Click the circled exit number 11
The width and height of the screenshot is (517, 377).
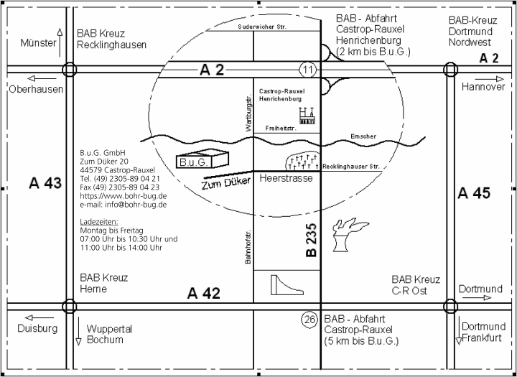click(x=308, y=70)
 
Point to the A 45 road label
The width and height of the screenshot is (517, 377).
click(x=473, y=192)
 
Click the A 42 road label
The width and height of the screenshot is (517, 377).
click(x=204, y=293)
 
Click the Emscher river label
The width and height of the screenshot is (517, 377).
click(x=363, y=136)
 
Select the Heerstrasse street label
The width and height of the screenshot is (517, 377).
click(x=286, y=177)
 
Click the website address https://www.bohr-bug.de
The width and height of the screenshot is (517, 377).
click(x=124, y=196)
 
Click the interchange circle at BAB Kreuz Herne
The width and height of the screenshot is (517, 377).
click(x=70, y=307)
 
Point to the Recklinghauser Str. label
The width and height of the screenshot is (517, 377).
click(x=351, y=167)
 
